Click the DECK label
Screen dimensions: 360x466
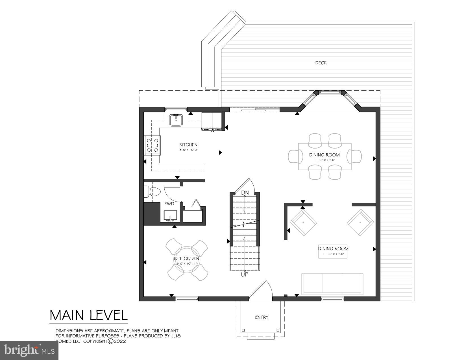coord(321,63)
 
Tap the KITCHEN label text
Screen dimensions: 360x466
coord(188,145)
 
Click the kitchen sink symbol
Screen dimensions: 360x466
coord(176,121)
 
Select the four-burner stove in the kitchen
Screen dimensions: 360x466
coord(153,145)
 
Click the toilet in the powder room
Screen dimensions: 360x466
coord(152,192)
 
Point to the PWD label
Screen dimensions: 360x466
coord(169,204)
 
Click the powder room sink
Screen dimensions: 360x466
coord(170,216)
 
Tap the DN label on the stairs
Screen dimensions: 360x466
coord(245,193)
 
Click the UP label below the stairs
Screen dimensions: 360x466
coord(245,274)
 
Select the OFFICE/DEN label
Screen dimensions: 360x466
coord(186,258)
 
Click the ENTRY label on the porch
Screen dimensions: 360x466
coord(262,317)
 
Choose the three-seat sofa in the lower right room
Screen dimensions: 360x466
coord(332,283)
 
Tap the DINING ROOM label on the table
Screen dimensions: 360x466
coord(324,155)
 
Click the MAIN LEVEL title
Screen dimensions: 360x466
coord(89,315)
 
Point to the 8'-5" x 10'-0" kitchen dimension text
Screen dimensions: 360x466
coord(188,150)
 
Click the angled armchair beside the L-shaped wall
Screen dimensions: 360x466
coord(303,222)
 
